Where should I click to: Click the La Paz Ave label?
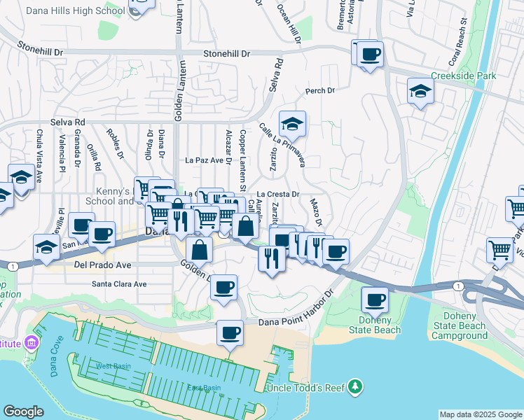pos(203,160)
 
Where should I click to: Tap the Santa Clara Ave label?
pos(120,284)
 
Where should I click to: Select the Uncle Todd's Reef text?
pos(306,388)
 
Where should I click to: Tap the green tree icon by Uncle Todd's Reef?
pos(356,386)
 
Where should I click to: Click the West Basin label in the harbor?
pos(113,366)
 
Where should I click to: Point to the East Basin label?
pos(203,388)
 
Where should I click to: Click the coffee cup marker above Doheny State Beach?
pos(374,300)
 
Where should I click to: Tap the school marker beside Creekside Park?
pos(420,91)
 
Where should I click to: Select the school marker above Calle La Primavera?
pos(292,124)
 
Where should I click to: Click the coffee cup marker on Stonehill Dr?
pos(370,53)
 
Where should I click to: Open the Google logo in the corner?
pos(23,412)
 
